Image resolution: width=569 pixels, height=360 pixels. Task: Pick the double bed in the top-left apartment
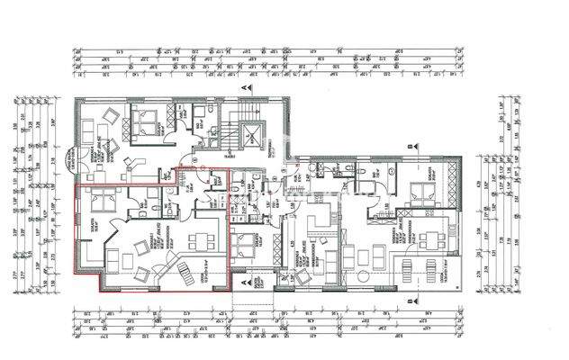[142, 119]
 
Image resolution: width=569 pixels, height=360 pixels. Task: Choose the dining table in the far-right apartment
[438, 238]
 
